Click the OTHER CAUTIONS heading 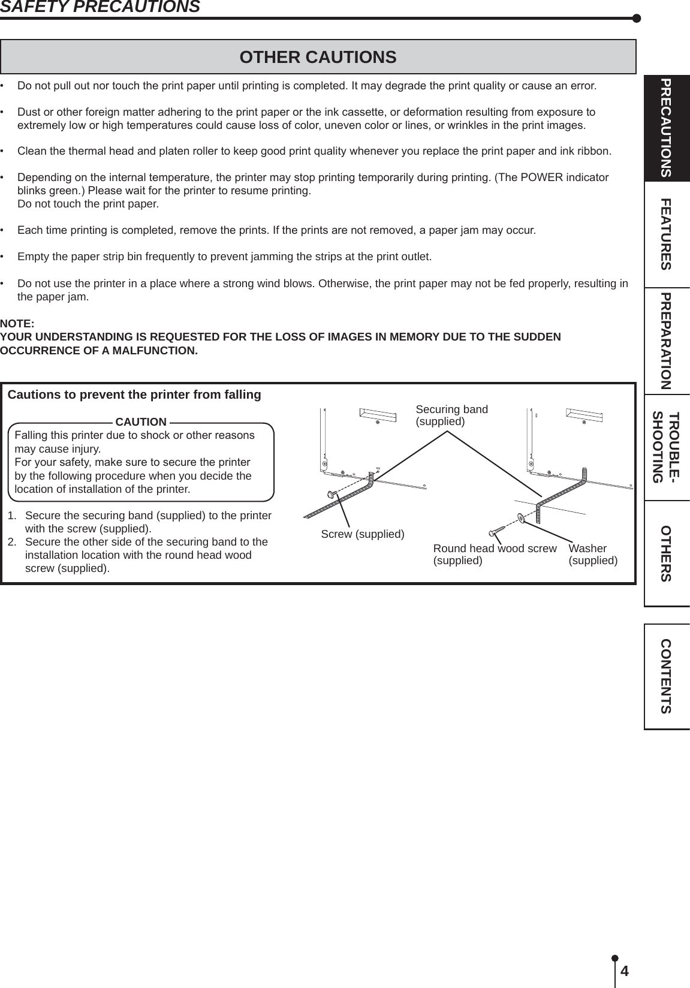tap(318, 57)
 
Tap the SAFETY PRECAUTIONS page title tap(100, 7)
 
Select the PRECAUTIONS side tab tap(666, 128)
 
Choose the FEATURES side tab tap(666, 234)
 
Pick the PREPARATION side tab tap(666, 341)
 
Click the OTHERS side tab tap(666, 553)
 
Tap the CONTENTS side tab tap(666, 676)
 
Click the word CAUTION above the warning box tap(141, 422)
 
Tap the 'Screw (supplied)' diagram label tap(363, 534)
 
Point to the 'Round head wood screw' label tap(495, 549)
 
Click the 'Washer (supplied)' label tap(592, 555)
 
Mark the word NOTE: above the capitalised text tap(17, 324)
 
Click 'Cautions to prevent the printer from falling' tap(134, 394)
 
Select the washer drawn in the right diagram tap(520, 517)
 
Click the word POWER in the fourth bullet tap(535, 178)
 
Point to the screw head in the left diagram tap(330, 493)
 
